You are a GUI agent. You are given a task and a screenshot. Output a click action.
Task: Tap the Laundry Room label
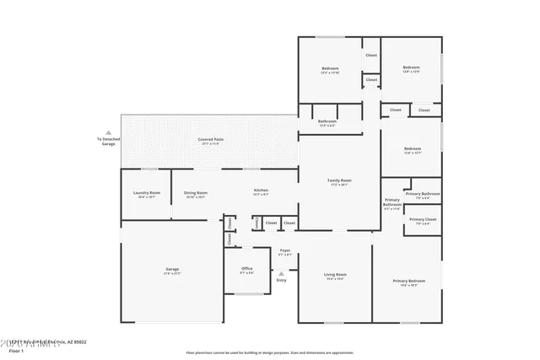pos(146,193)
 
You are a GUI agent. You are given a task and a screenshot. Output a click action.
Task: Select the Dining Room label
pos(195,193)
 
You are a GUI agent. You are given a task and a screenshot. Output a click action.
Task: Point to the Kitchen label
pos(261,191)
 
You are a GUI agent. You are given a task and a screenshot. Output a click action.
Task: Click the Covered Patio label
pos(210,139)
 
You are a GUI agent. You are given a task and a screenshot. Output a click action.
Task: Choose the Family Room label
pos(339,180)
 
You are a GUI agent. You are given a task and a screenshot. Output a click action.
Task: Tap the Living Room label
pos(335,275)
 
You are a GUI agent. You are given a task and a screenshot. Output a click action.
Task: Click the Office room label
pos(246,269)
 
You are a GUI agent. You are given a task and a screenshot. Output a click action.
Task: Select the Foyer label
pos(285,250)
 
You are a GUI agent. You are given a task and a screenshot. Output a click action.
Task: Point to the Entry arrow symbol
pos(282,273)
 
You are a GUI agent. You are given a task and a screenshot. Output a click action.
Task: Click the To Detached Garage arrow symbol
pos(108,132)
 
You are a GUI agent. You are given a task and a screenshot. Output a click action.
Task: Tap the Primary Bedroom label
pos(409,281)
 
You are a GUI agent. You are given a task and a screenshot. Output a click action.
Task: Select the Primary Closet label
pos(423,220)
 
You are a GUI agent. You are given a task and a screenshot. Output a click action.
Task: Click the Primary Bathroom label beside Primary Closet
pos(423,194)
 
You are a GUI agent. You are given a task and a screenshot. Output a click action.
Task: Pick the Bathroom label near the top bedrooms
pos(327,121)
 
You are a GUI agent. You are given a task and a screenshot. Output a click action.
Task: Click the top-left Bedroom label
pos(329,68)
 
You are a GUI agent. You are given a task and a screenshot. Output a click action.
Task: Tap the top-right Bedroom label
pos(411,67)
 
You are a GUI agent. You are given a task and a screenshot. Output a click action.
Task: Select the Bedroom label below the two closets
pos(412,149)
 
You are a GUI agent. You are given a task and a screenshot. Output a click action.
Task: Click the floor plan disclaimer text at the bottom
pos(269,352)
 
